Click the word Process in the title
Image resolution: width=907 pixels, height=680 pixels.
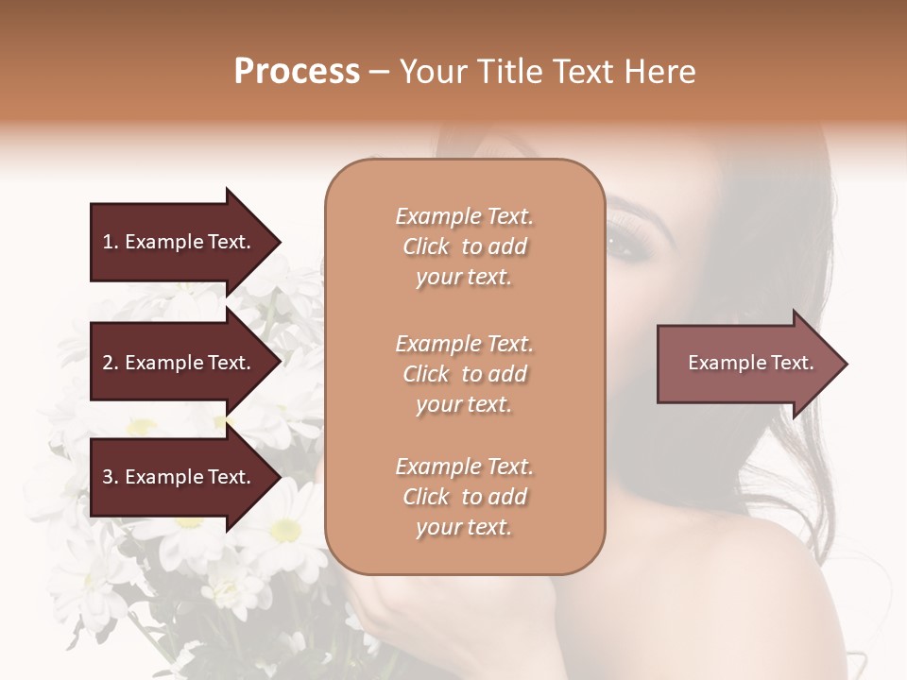point(297,72)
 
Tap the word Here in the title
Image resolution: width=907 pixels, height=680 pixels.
point(659,72)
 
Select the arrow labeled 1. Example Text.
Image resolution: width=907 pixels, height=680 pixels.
point(180,242)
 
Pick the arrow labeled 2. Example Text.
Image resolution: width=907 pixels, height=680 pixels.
point(180,363)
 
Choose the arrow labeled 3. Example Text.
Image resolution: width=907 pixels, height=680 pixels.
point(180,477)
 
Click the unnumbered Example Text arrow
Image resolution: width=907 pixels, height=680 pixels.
point(746,363)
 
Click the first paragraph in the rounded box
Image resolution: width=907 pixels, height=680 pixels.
point(464,246)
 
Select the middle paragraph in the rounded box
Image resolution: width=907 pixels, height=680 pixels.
point(464,374)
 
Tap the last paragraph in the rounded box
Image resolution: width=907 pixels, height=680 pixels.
point(464,497)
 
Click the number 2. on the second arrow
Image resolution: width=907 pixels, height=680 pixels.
point(111,363)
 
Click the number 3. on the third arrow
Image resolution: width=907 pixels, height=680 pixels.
point(111,477)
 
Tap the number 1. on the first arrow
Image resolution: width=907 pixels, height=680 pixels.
point(110,242)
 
